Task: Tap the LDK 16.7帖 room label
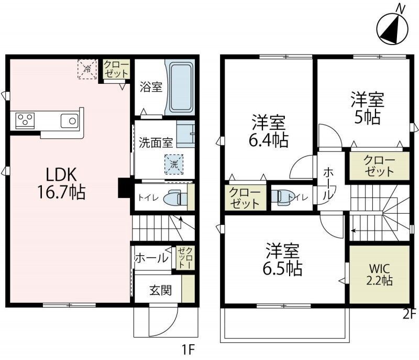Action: click(x=61, y=183)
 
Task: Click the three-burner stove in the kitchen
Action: click(x=25, y=119)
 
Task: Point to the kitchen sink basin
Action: click(x=70, y=121)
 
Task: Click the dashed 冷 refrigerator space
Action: click(x=87, y=69)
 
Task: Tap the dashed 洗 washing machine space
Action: click(x=174, y=164)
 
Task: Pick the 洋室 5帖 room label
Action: click(x=368, y=108)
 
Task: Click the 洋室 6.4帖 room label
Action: click(x=269, y=131)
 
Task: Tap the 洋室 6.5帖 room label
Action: click(x=282, y=259)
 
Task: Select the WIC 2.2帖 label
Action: click(x=379, y=275)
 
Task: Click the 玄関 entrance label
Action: click(x=160, y=290)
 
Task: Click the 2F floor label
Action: click(x=410, y=314)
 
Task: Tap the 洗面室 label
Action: click(x=156, y=143)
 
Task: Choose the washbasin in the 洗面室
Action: click(x=185, y=134)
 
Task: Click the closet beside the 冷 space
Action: click(x=116, y=69)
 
